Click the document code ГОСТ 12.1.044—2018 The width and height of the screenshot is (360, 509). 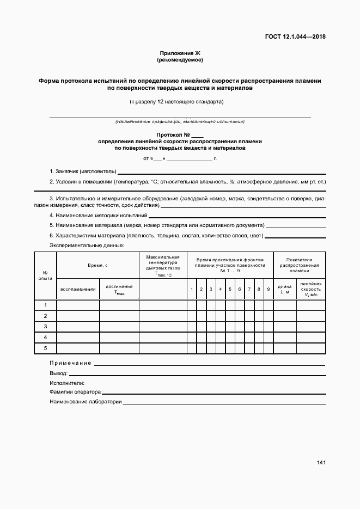295,37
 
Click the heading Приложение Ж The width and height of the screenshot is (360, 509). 180,53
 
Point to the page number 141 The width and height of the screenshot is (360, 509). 321,463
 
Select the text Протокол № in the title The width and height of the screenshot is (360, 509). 173,134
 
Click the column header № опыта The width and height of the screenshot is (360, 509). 45,275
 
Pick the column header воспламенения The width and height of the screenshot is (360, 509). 78,289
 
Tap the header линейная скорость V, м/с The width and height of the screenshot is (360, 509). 310,289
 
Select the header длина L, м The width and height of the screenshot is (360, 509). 284,289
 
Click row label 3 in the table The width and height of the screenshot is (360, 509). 45,327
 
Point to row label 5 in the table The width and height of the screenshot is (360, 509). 45,348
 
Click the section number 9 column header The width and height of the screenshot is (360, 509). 268,289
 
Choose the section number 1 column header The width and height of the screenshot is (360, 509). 192,289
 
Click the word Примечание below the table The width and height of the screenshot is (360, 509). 70,363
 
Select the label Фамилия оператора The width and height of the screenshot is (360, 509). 75,392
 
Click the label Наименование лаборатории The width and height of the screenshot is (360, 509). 86,402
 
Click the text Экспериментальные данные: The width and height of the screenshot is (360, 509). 87,246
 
